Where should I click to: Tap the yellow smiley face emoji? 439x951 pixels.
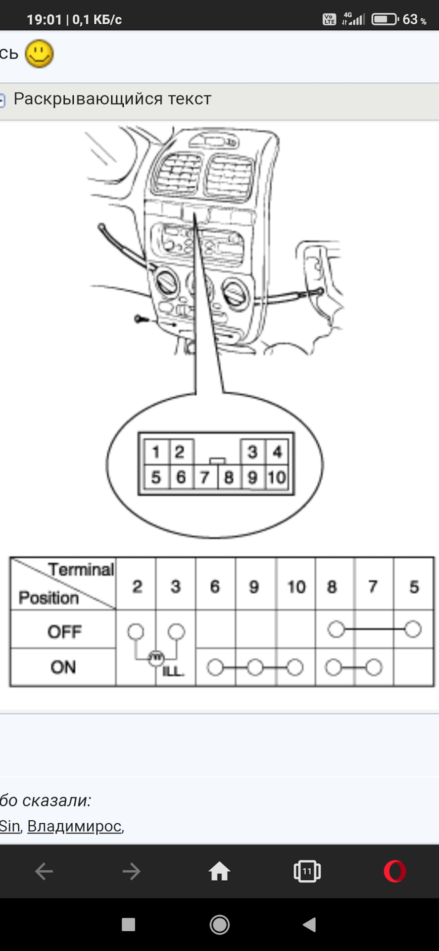[39, 53]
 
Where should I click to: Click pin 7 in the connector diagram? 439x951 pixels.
[204, 477]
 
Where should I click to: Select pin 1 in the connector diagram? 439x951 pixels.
[156, 452]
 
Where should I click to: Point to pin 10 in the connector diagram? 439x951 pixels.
[277, 477]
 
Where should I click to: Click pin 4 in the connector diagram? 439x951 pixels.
[277, 452]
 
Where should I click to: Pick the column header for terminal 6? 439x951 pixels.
[215, 586]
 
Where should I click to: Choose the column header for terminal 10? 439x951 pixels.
[296, 587]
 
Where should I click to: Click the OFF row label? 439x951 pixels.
[64, 632]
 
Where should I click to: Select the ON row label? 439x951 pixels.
[63, 667]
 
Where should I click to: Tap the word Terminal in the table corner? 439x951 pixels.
[81, 570]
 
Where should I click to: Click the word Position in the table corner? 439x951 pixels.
[49, 598]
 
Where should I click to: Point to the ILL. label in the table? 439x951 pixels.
[173, 672]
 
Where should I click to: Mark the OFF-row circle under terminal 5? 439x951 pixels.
[413, 630]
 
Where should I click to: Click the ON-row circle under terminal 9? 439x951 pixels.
[255, 668]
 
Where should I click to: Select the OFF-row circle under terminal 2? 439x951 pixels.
[136, 632]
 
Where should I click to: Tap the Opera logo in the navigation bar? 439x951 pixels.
[395, 871]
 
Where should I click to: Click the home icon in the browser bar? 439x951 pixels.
[219, 871]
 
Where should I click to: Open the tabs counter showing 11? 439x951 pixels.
[307, 871]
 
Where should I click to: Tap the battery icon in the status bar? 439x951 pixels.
[385, 19]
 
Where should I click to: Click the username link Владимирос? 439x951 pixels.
[74, 826]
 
